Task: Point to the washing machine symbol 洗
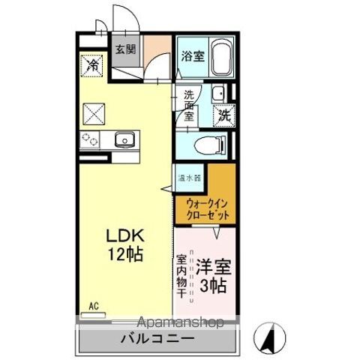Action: coord(224,115)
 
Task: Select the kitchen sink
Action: coord(124,139)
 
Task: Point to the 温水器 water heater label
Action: coord(188,178)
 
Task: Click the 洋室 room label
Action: coord(213,265)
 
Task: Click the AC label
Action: coord(94,304)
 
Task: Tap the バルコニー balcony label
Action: coord(157,339)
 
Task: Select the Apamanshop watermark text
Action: coord(180,323)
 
